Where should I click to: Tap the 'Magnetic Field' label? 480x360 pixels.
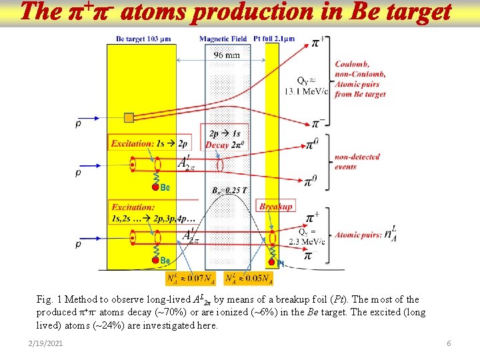tap(223, 39)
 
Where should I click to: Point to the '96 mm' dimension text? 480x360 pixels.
tap(226, 55)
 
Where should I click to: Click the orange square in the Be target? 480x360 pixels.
tap(129, 118)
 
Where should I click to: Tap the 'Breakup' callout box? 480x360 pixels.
tap(276, 207)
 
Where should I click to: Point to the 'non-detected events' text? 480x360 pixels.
tap(357, 162)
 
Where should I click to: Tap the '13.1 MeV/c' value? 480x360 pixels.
tap(307, 92)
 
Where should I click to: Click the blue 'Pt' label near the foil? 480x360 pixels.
tap(281, 263)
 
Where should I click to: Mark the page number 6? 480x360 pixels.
tap(449, 343)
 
